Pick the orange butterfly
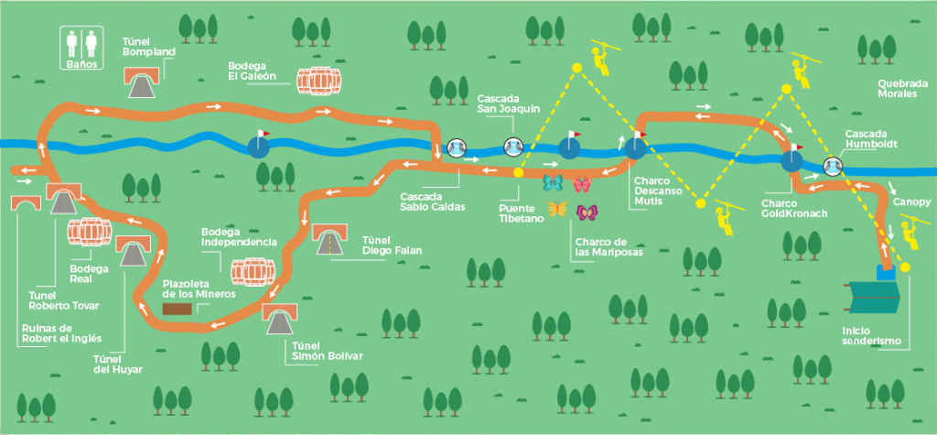(x=557, y=210)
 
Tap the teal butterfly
(x=553, y=181)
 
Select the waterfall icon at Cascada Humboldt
(x=833, y=166)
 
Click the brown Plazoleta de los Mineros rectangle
(x=177, y=309)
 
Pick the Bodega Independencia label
(x=239, y=237)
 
